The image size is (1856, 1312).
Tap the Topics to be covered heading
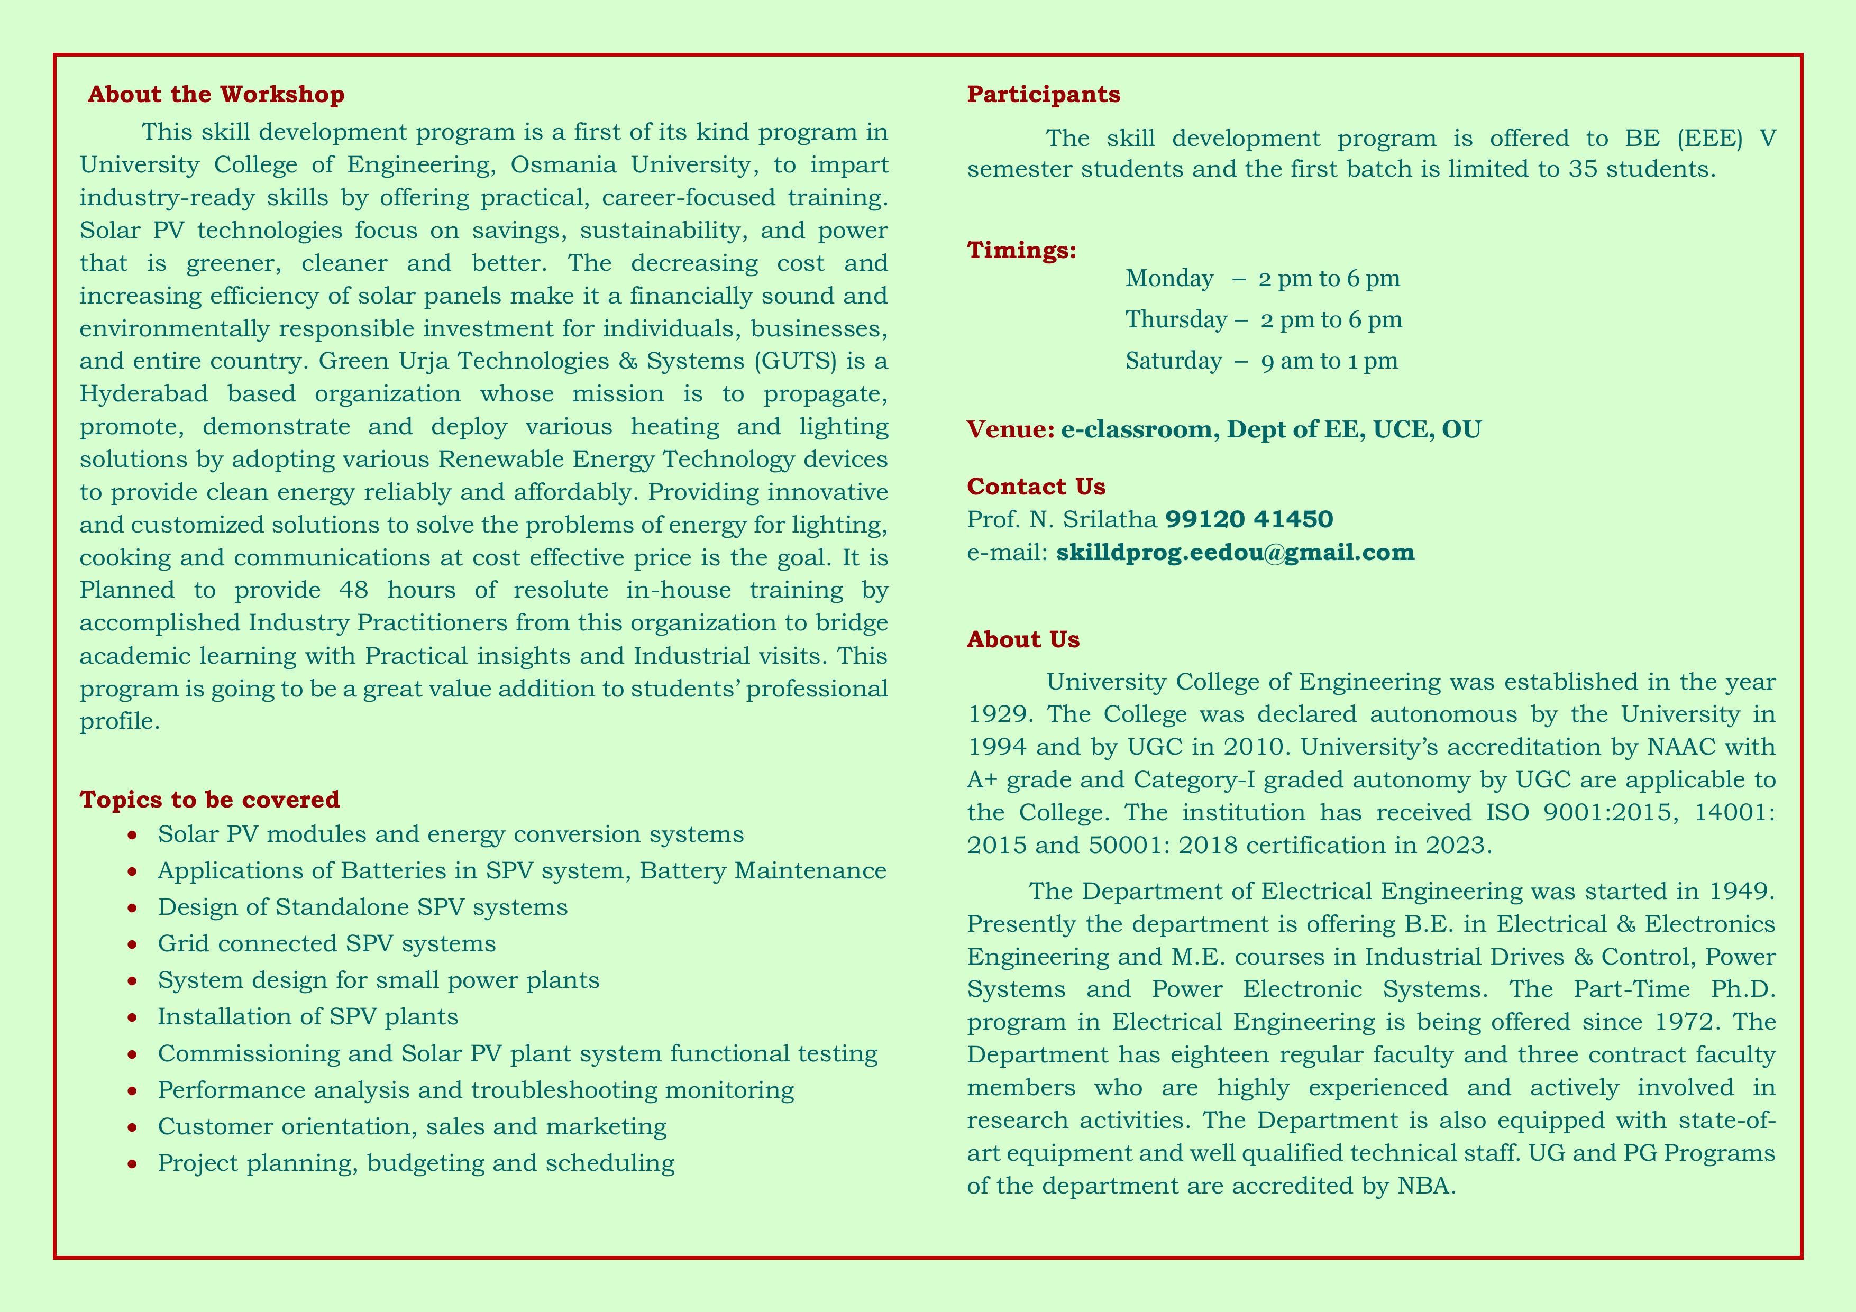[x=209, y=800]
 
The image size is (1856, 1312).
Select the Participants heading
[x=1044, y=95]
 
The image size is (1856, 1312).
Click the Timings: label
[x=1022, y=251]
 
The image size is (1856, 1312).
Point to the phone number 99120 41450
[x=1249, y=519]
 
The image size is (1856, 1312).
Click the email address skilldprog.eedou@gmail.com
[x=1235, y=553]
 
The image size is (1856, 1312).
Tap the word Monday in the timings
[x=1169, y=279]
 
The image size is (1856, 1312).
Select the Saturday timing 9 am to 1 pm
[x=1329, y=361]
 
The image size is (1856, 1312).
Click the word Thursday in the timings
[x=1175, y=320]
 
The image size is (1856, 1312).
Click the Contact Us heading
[x=1036, y=487]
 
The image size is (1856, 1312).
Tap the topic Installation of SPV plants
[x=308, y=1016]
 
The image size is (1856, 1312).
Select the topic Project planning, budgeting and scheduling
[x=416, y=1163]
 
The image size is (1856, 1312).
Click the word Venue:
[x=1010, y=429]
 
